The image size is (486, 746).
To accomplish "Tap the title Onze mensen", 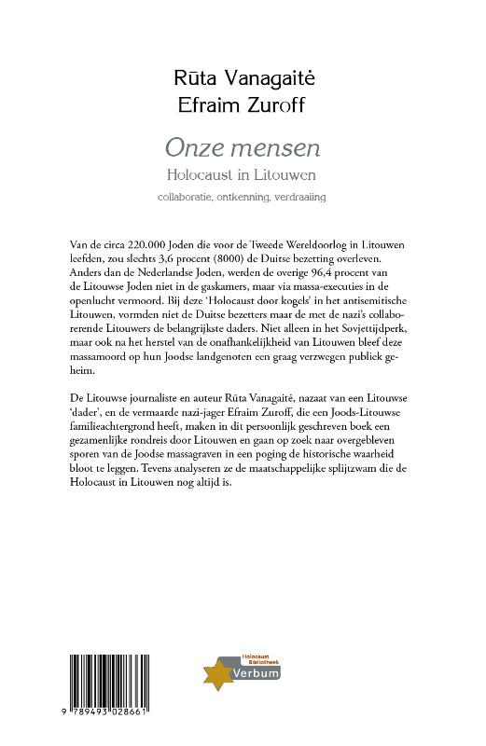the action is coord(242,147).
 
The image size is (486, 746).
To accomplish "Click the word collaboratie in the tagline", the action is coord(187,198).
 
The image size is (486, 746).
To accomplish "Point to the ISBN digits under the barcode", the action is coord(109,725).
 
